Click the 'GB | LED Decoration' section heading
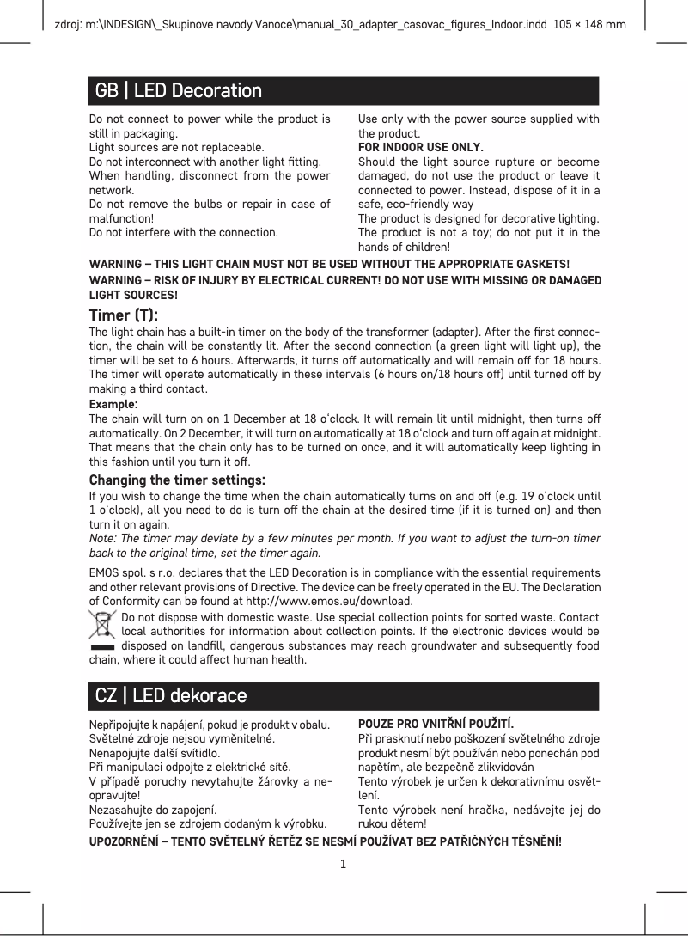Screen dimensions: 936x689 coord(179,90)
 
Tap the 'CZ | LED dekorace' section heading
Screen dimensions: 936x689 coord(171,695)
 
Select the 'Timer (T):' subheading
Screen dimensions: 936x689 coord(124,315)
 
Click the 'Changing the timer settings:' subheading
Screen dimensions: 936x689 coord(178,480)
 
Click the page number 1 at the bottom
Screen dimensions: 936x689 coord(343,863)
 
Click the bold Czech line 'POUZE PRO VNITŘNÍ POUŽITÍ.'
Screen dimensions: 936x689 coord(436,725)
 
